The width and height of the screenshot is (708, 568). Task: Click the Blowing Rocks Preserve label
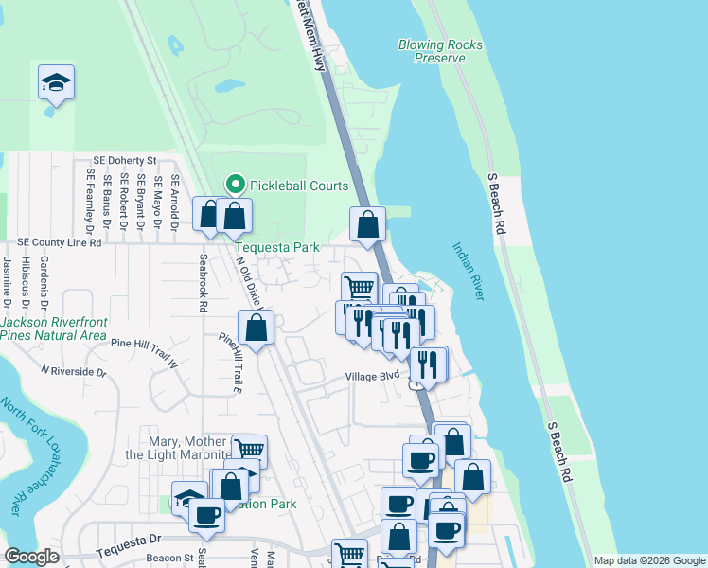[440, 51]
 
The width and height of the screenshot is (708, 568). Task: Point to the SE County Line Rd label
[58, 243]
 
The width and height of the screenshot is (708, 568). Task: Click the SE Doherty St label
[124, 161]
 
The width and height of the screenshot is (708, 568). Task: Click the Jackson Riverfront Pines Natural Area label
[53, 328]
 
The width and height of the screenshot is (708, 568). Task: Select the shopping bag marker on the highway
[368, 225]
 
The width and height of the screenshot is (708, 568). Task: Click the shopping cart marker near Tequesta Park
[359, 288]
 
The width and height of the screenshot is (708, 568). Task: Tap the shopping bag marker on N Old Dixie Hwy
[256, 328]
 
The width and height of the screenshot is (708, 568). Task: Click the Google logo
[31, 557]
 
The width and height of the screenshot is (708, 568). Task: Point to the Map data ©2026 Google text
[648, 560]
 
